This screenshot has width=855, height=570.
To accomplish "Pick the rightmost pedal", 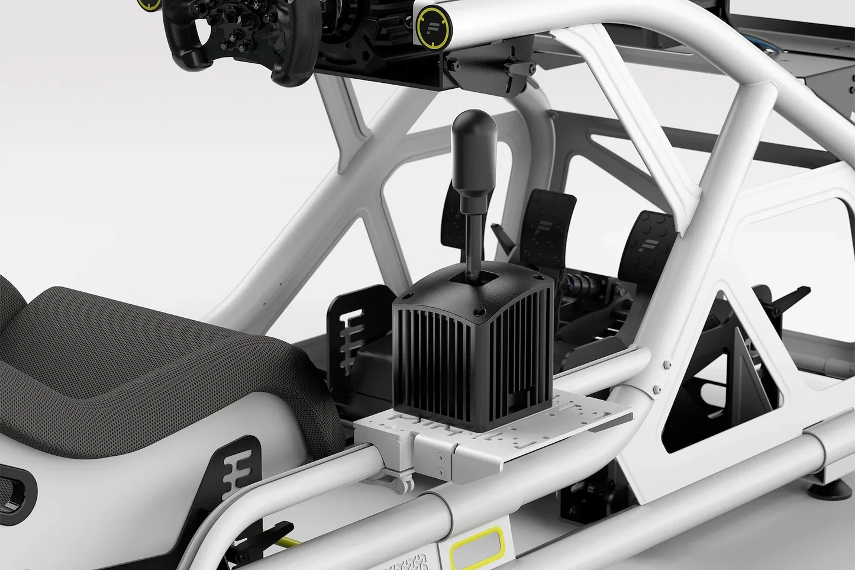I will (x=648, y=249).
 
